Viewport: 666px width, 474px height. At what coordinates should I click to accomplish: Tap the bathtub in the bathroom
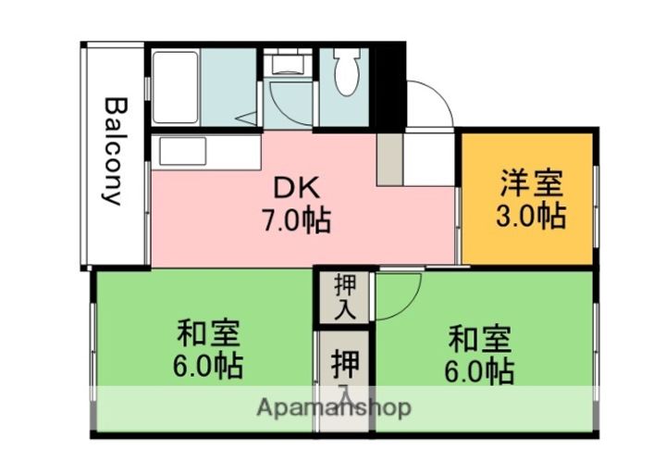pos(175,85)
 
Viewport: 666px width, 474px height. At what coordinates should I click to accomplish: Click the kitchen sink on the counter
pos(179,151)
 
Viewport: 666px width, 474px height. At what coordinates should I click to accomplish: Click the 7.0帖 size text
pos(295,222)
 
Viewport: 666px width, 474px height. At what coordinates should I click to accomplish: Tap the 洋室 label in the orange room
pos(530,181)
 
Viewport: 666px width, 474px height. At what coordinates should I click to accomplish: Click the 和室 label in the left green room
pos(209,331)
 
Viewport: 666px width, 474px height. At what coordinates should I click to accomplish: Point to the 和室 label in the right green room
pos(480,337)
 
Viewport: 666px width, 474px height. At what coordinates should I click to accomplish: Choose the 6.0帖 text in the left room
pos(208,367)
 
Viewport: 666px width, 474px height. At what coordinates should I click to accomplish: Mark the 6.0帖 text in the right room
pos(480,371)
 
